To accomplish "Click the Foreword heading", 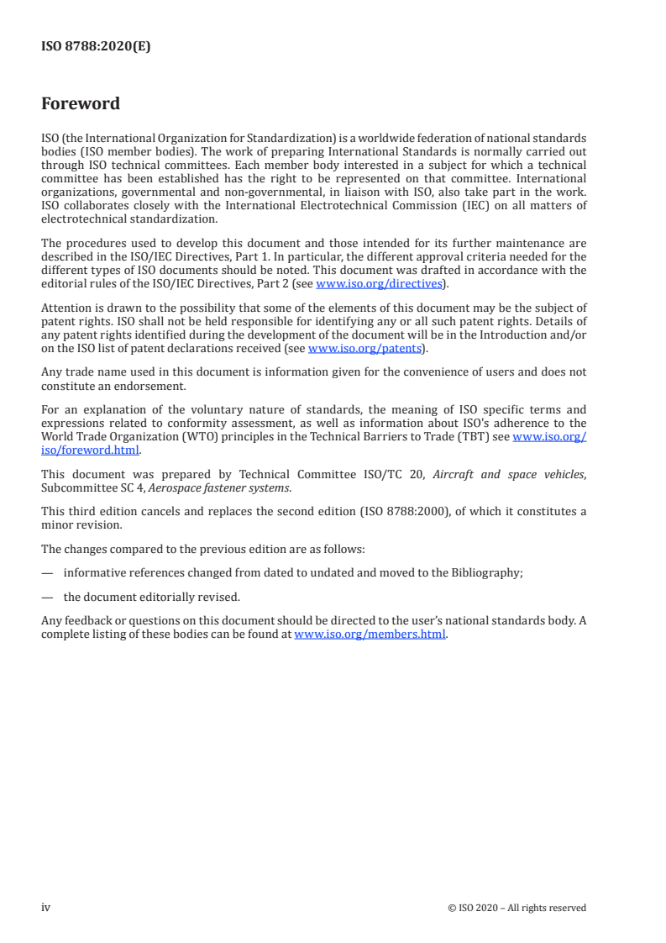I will point(81,104).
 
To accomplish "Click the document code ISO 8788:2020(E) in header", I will point(96,47).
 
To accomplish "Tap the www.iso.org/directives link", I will point(378,283).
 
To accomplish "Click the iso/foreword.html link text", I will point(90,450).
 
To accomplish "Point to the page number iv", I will point(46,907).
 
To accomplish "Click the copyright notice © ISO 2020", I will point(517,908).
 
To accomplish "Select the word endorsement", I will point(170,384).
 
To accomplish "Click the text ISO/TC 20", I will point(395,475).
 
